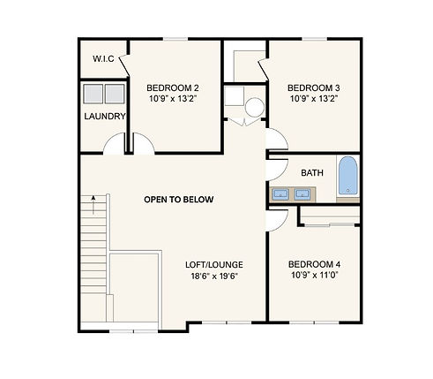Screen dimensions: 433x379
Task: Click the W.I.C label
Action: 103,58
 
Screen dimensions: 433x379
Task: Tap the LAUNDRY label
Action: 105,117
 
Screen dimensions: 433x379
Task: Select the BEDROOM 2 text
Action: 173,88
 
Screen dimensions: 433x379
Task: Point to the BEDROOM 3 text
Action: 314,88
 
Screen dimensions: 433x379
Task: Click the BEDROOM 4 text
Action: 314,264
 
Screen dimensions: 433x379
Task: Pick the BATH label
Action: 312,173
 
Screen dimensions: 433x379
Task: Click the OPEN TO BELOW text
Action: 179,200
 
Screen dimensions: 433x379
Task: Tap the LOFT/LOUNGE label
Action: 214,265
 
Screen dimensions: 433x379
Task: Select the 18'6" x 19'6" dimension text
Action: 214,277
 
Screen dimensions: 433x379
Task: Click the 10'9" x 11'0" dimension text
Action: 314,276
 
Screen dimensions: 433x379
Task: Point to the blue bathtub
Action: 348,176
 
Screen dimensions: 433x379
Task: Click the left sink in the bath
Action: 280,194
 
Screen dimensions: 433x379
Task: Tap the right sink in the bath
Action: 302,194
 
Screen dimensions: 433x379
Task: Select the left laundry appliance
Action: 93,94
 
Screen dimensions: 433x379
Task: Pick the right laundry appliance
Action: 115,94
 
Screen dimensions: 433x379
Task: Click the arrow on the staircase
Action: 93,205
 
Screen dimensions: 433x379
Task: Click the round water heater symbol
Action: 255,107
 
